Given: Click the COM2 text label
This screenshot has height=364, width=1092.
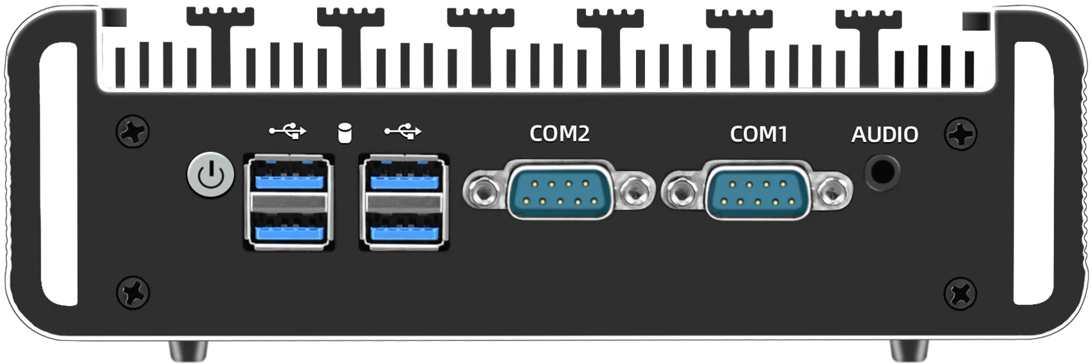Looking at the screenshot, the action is click(560, 134).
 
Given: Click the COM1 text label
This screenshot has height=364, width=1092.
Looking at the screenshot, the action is click(759, 134).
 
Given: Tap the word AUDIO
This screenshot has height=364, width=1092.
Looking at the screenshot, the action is click(885, 134).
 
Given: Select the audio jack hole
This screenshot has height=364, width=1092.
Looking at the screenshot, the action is click(883, 172).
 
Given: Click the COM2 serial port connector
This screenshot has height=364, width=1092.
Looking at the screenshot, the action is click(560, 190).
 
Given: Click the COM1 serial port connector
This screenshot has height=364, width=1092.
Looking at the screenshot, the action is click(758, 190).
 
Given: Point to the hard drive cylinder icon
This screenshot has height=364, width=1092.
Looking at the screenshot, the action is click(345, 134).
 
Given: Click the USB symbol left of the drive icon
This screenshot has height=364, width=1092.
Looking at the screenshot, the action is click(287, 131).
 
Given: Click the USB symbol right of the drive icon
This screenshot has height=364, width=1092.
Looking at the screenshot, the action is click(403, 131).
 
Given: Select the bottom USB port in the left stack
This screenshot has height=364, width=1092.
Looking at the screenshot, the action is click(289, 228).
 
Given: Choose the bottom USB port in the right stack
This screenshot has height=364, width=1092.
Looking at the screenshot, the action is click(404, 228).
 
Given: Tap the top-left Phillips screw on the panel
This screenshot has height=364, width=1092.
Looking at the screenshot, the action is click(133, 131).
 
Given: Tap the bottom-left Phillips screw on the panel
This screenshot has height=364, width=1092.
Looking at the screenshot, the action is click(133, 293).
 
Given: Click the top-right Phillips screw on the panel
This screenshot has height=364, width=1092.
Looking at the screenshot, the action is click(961, 134).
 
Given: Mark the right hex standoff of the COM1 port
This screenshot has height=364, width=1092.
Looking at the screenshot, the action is click(833, 191).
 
